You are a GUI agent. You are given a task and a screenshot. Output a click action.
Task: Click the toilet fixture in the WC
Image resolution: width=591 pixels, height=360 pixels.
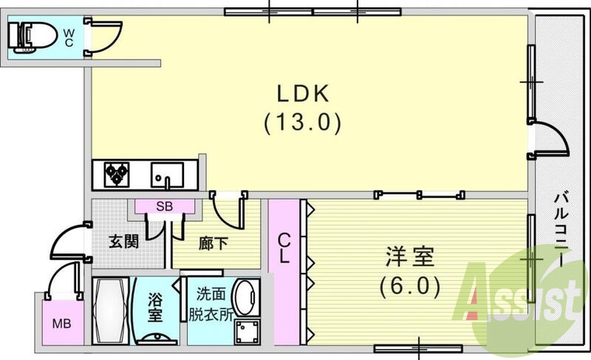click(28, 33)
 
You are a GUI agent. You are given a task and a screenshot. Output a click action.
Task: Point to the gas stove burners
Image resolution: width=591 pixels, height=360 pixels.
click(115, 174)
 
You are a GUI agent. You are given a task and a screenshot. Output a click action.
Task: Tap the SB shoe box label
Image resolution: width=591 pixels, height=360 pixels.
click(164, 208)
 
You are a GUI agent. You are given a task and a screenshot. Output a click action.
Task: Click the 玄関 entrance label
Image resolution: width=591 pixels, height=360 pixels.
click(123, 242)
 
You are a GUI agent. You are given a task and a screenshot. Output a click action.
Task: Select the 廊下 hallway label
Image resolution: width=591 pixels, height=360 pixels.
click(213, 242)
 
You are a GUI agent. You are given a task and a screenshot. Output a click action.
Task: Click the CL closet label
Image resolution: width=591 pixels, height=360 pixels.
click(284, 250)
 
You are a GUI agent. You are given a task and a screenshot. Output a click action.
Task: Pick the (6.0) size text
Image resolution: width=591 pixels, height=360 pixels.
click(411, 285)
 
